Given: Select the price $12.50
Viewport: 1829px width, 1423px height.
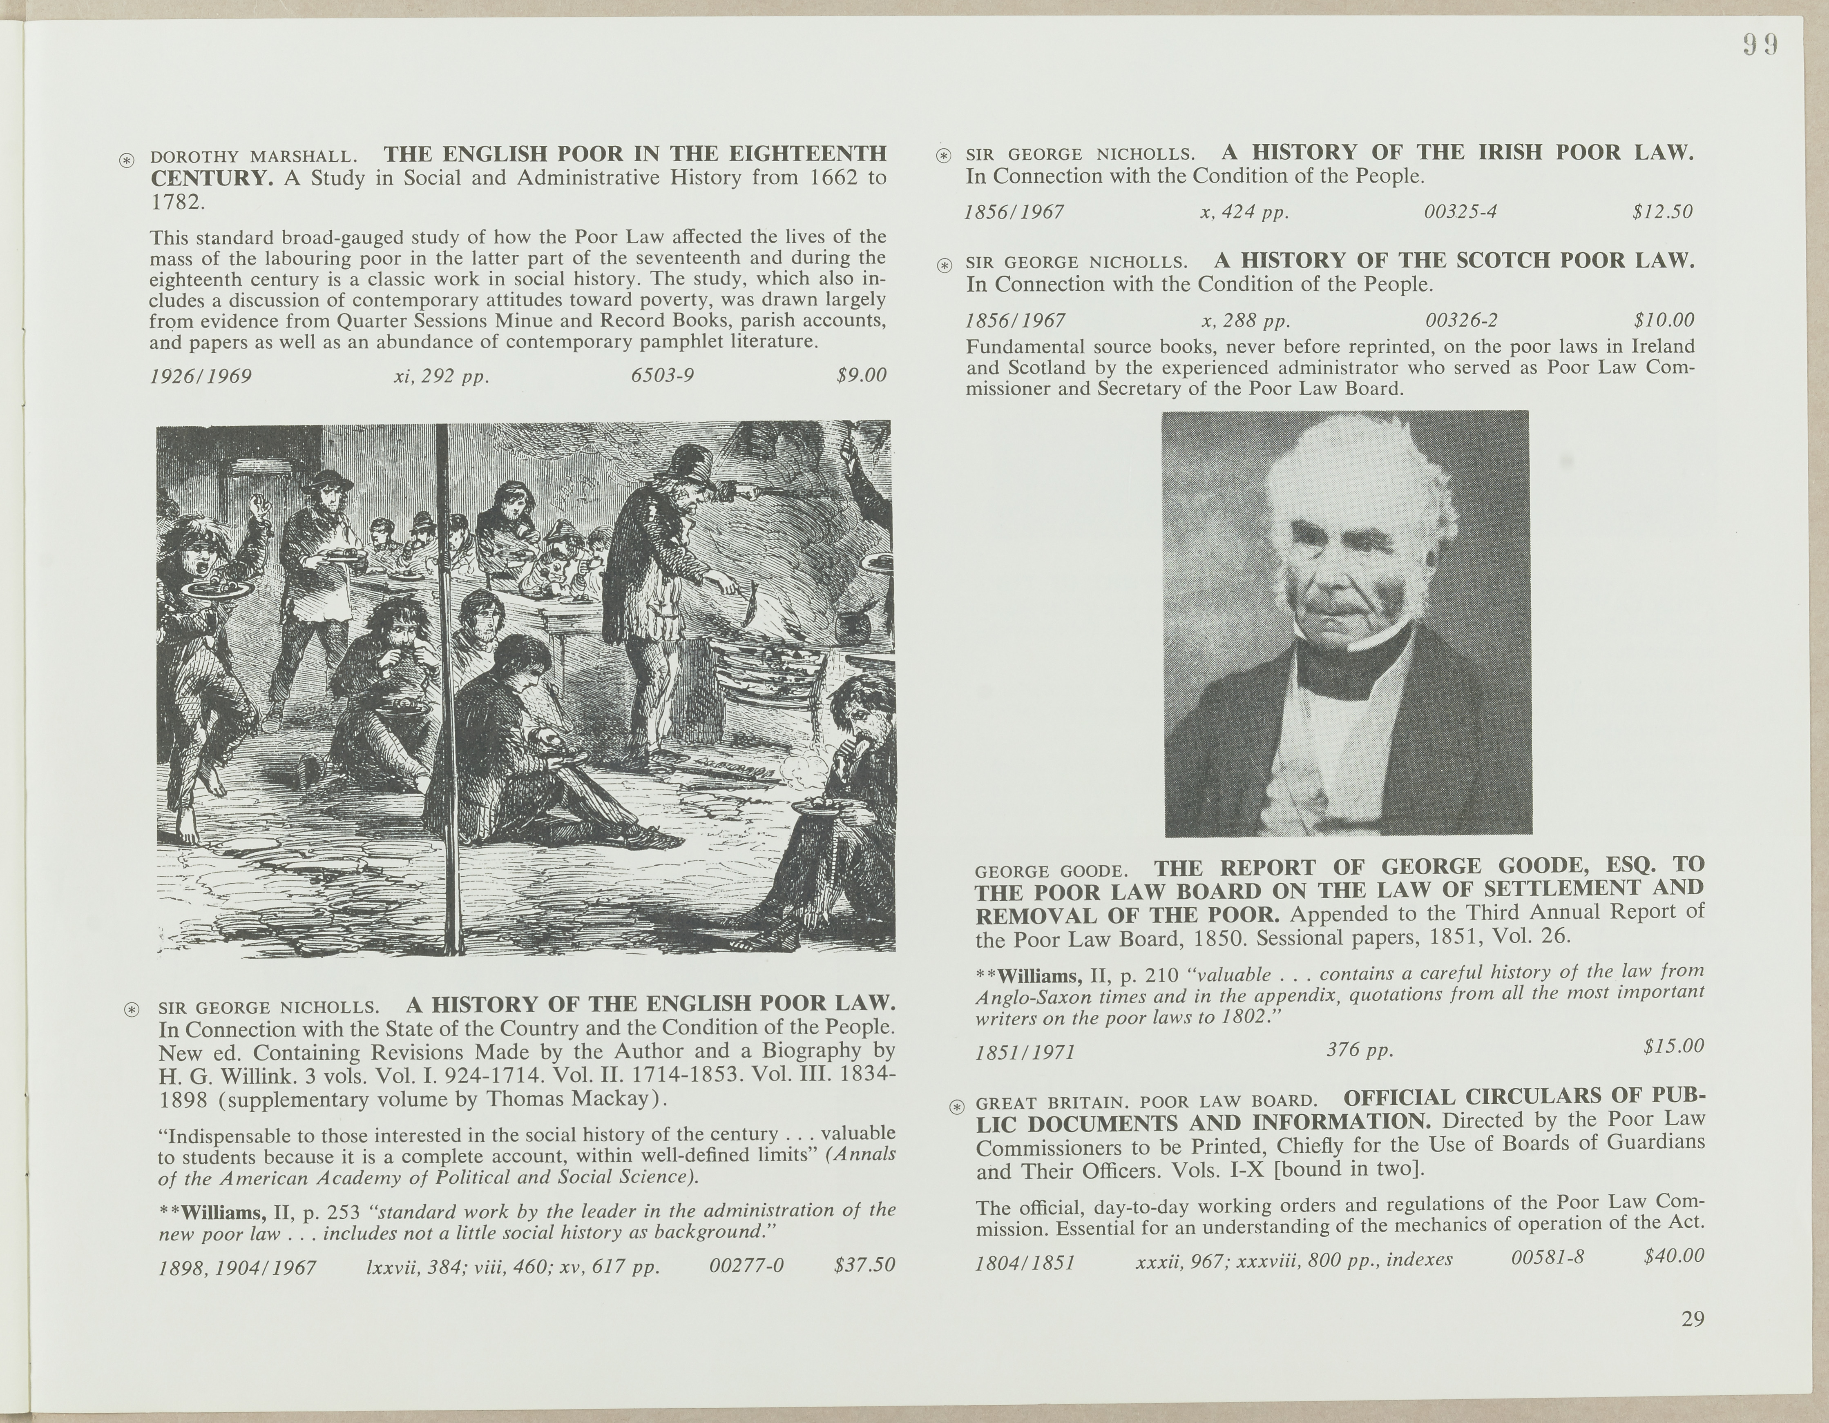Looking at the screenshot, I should click(x=1662, y=212).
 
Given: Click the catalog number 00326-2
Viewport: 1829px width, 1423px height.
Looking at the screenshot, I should click(x=1461, y=321).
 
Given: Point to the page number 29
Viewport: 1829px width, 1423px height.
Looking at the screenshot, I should click(x=1693, y=1319).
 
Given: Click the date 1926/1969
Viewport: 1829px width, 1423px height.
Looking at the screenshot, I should click(x=201, y=376).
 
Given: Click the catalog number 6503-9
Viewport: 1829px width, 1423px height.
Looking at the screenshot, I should click(x=662, y=375).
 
